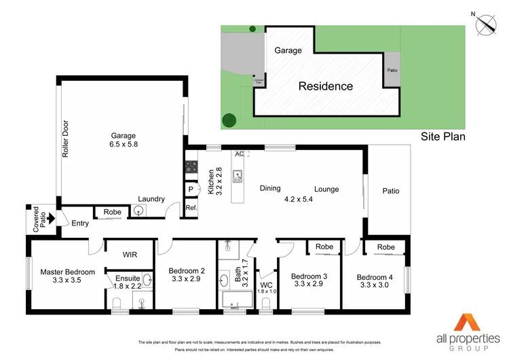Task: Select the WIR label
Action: click(130, 255)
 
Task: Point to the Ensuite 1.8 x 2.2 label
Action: click(128, 282)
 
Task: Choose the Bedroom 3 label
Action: click(309, 281)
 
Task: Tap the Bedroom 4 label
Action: click(375, 281)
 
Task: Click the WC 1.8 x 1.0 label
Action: click(267, 288)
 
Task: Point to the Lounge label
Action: click(326, 190)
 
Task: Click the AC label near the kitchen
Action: click(238, 154)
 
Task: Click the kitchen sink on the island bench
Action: click(238, 179)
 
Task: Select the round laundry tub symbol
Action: click(138, 211)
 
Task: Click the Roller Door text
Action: click(66, 140)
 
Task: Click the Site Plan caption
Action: click(441, 136)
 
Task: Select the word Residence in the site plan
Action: click(326, 86)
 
